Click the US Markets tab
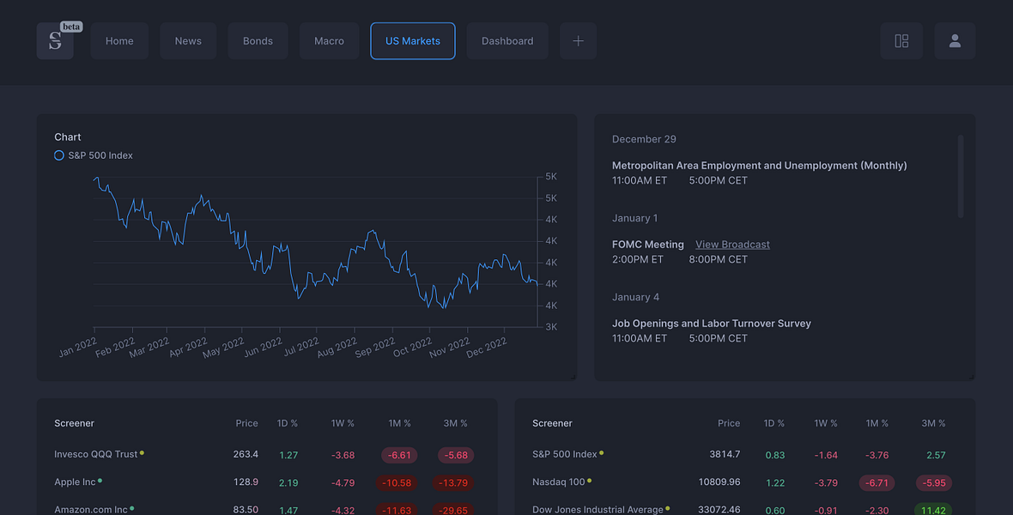point(413,40)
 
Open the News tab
point(188,40)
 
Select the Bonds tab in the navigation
point(258,40)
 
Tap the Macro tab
point(329,40)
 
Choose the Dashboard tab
point(507,40)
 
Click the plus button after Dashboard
point(579,40)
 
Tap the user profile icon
point(955,40)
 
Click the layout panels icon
point(901,40)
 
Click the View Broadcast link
point(732,245)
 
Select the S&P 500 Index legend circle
point(58,155)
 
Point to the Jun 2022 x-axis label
point(263,347)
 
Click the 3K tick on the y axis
point(551,327)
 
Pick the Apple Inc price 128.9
point(246,482)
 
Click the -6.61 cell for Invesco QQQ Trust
point(399,455)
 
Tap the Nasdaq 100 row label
point(558,482)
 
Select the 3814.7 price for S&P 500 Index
point(725,454)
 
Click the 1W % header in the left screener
point(343,423)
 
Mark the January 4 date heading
point(636,297)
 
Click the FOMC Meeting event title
point(648,245)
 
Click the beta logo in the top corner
point(55,40)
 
